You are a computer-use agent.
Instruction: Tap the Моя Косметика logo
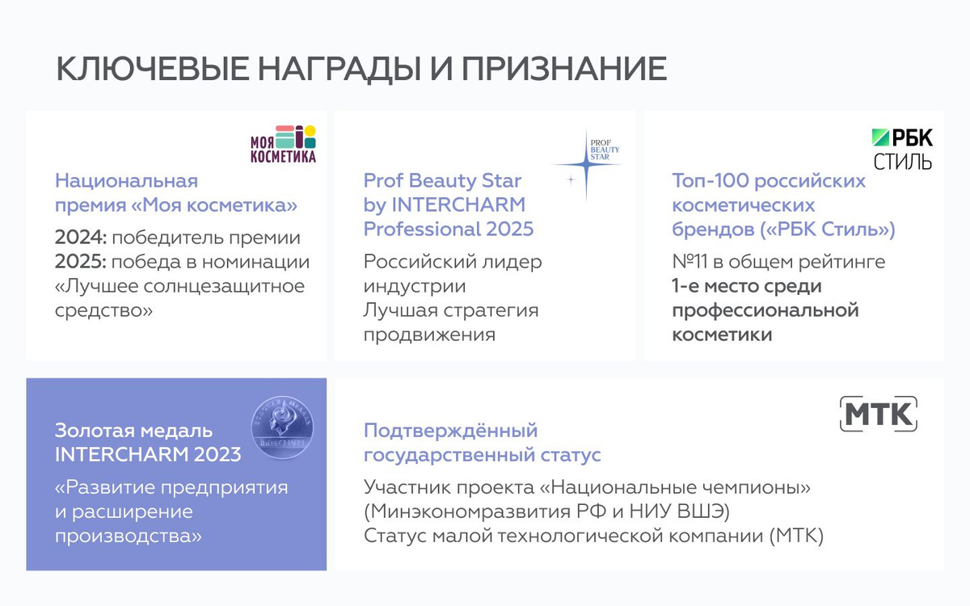tap(283, 144)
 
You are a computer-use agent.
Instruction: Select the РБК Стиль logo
tap(902, 149)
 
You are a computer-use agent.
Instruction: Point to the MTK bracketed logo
tap(879, 414)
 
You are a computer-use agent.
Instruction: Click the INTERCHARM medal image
tap(282, 427)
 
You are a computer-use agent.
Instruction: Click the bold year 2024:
tap(81, 238)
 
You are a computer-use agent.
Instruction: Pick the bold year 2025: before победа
tap(81, 262)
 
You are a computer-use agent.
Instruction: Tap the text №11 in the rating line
tap(690, 262)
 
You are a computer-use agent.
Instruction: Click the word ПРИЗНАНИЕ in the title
tap(564, 69)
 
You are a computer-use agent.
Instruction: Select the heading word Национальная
tap(126, 181)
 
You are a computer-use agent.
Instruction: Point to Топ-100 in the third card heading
tap(711, 181)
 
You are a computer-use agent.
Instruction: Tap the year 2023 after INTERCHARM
tap(217, 454)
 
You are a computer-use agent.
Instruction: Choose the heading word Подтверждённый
tap(451, 431)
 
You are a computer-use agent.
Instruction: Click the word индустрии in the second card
tap(415, 286)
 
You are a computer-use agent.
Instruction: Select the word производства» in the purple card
tap(129, 537)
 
